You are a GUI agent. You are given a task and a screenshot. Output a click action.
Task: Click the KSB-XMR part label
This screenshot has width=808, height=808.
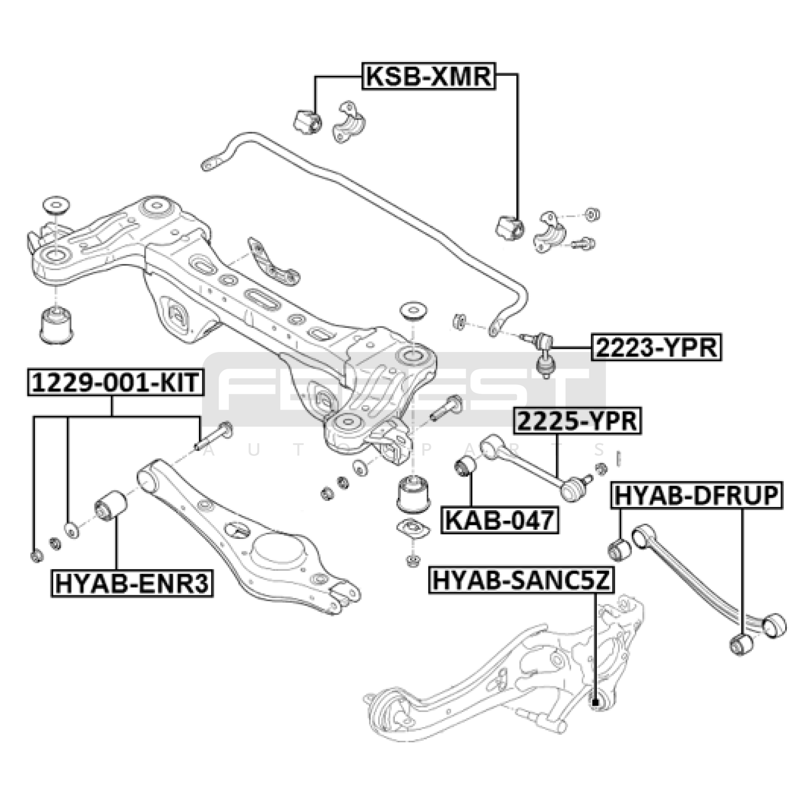point(428,76)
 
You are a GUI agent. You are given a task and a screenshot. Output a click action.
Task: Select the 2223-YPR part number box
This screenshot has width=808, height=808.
point(656,347)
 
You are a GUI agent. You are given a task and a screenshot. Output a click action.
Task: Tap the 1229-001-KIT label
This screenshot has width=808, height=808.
point(116,382)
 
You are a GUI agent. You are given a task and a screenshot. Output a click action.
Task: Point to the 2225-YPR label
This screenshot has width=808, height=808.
point(577,421)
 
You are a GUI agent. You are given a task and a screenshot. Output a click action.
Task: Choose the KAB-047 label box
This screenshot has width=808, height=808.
point(500,520)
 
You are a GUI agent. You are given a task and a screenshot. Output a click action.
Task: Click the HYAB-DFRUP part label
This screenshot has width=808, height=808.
point(697,495)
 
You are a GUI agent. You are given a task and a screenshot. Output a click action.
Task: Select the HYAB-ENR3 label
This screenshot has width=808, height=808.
point(132,583)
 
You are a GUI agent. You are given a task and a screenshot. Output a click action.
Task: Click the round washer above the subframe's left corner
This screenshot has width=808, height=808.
point(56,206)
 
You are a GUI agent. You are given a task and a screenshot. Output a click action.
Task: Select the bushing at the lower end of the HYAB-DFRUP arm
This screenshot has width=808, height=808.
point(741,644)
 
